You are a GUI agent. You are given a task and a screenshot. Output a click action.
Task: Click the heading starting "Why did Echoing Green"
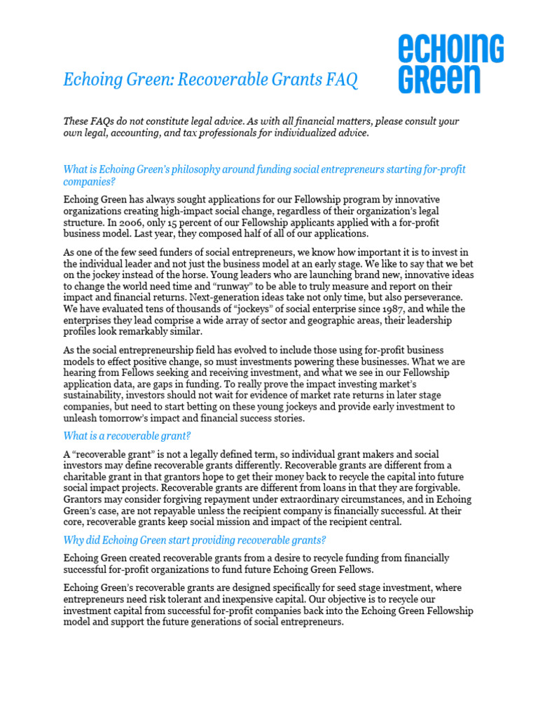(195, 540)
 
